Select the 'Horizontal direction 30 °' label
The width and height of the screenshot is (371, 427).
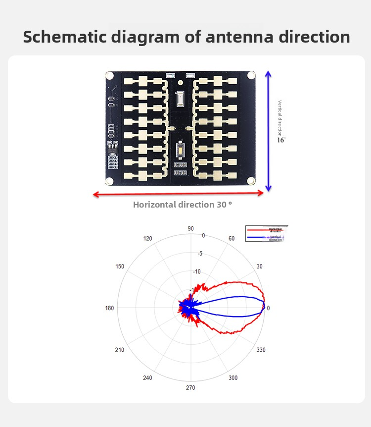point(183,204)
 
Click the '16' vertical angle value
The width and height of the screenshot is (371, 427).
point(280,140)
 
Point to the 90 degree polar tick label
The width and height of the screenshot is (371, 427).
point(190,228)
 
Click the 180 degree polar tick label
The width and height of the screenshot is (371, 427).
point(109,308)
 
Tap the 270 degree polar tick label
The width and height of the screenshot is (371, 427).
point(190,388)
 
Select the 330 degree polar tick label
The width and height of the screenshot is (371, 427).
point(261,350)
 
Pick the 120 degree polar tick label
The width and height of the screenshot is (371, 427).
point(148,239)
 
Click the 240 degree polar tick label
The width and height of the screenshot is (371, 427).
point(147,378)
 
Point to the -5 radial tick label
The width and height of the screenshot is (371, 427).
point(200,254)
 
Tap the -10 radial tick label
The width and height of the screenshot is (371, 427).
point(197,271)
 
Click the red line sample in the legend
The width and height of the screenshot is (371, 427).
point(257,230)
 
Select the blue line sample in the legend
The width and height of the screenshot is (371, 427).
point(257,238)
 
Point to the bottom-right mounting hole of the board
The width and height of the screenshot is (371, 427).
point(251,180)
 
